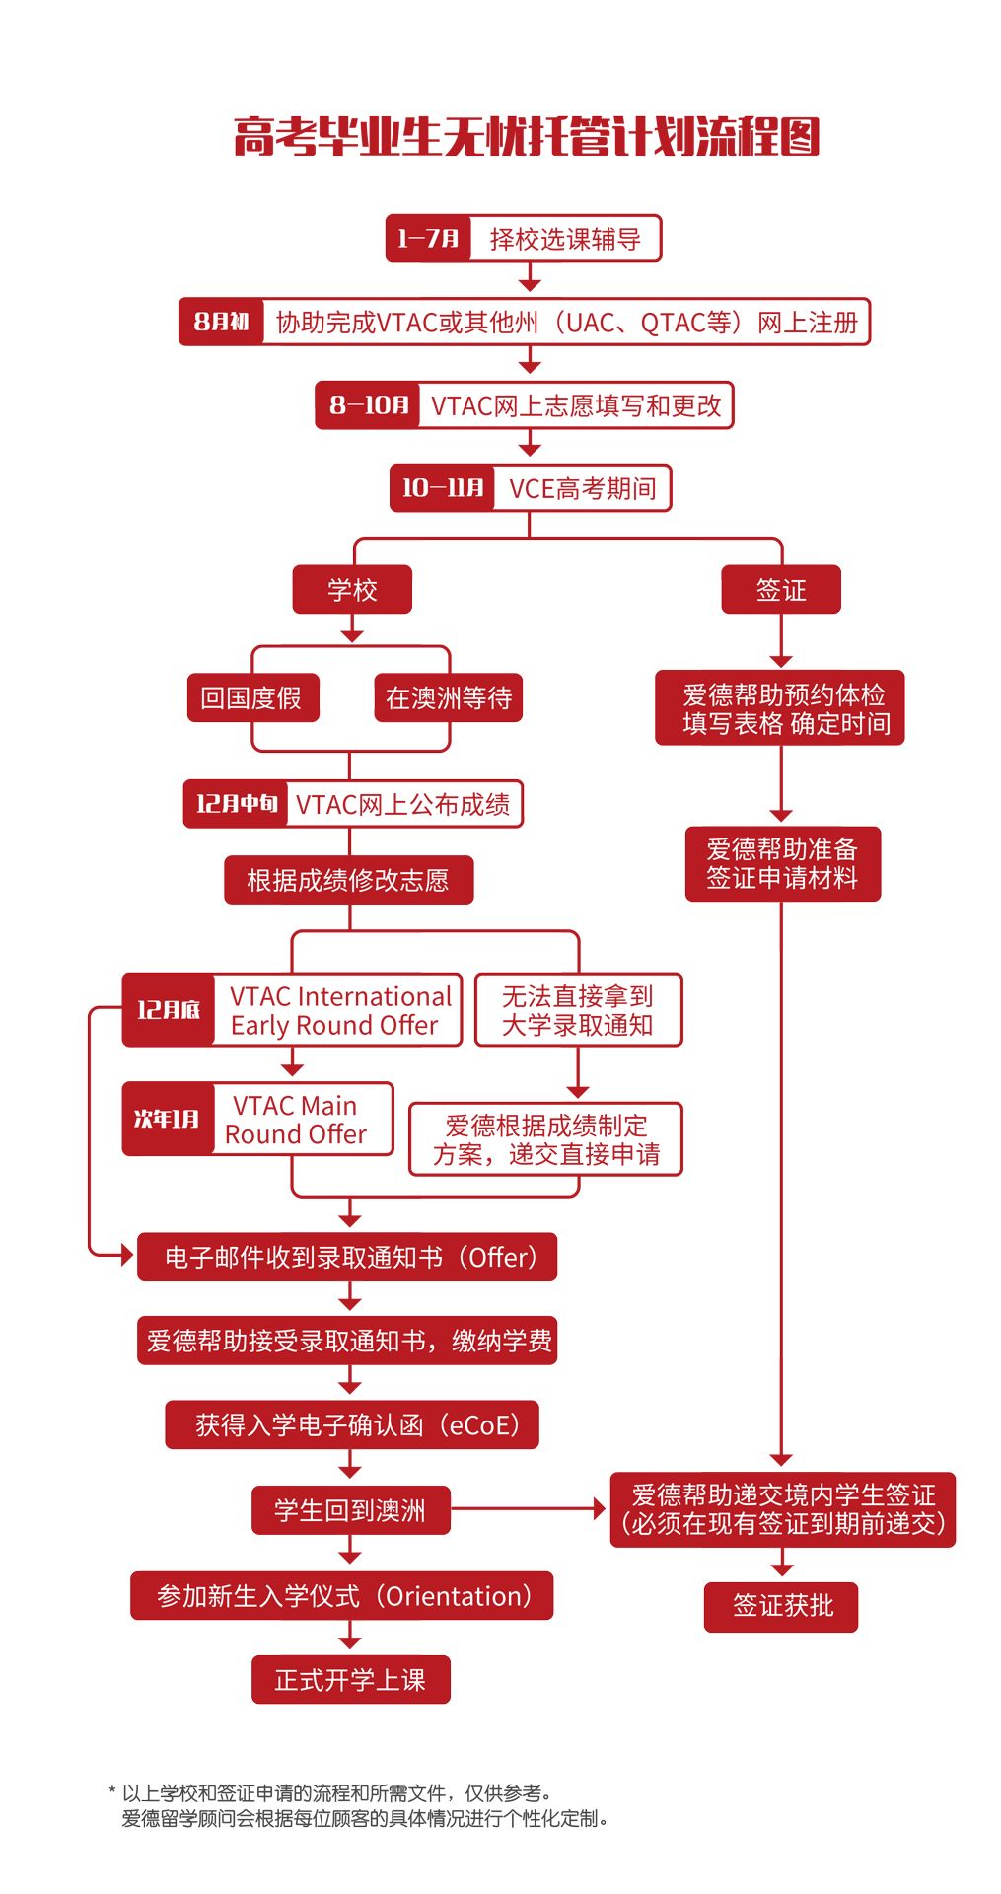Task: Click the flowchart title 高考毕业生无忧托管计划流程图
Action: [526, 137]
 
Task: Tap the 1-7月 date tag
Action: [428, 239]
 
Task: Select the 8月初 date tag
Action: [221, 322]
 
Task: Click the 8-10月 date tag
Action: [368, 405]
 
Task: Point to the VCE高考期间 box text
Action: [582, 488]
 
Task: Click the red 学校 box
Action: [352, 590]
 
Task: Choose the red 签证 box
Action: [781, 590]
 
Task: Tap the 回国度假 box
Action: [251, 698]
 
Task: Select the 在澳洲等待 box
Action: [449, 698]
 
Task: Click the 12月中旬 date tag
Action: [236, 804]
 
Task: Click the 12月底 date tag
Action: [169, 1010]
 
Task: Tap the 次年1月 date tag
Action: [168, 1119]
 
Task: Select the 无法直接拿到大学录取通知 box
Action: [578, 1010]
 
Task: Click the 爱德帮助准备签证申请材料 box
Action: [782, 864]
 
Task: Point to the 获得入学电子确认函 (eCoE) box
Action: [352, 1424]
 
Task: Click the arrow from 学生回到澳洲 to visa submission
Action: [528, 1508]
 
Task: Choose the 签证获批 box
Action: [781, 1607]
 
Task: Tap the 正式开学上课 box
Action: [350, 1679]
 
